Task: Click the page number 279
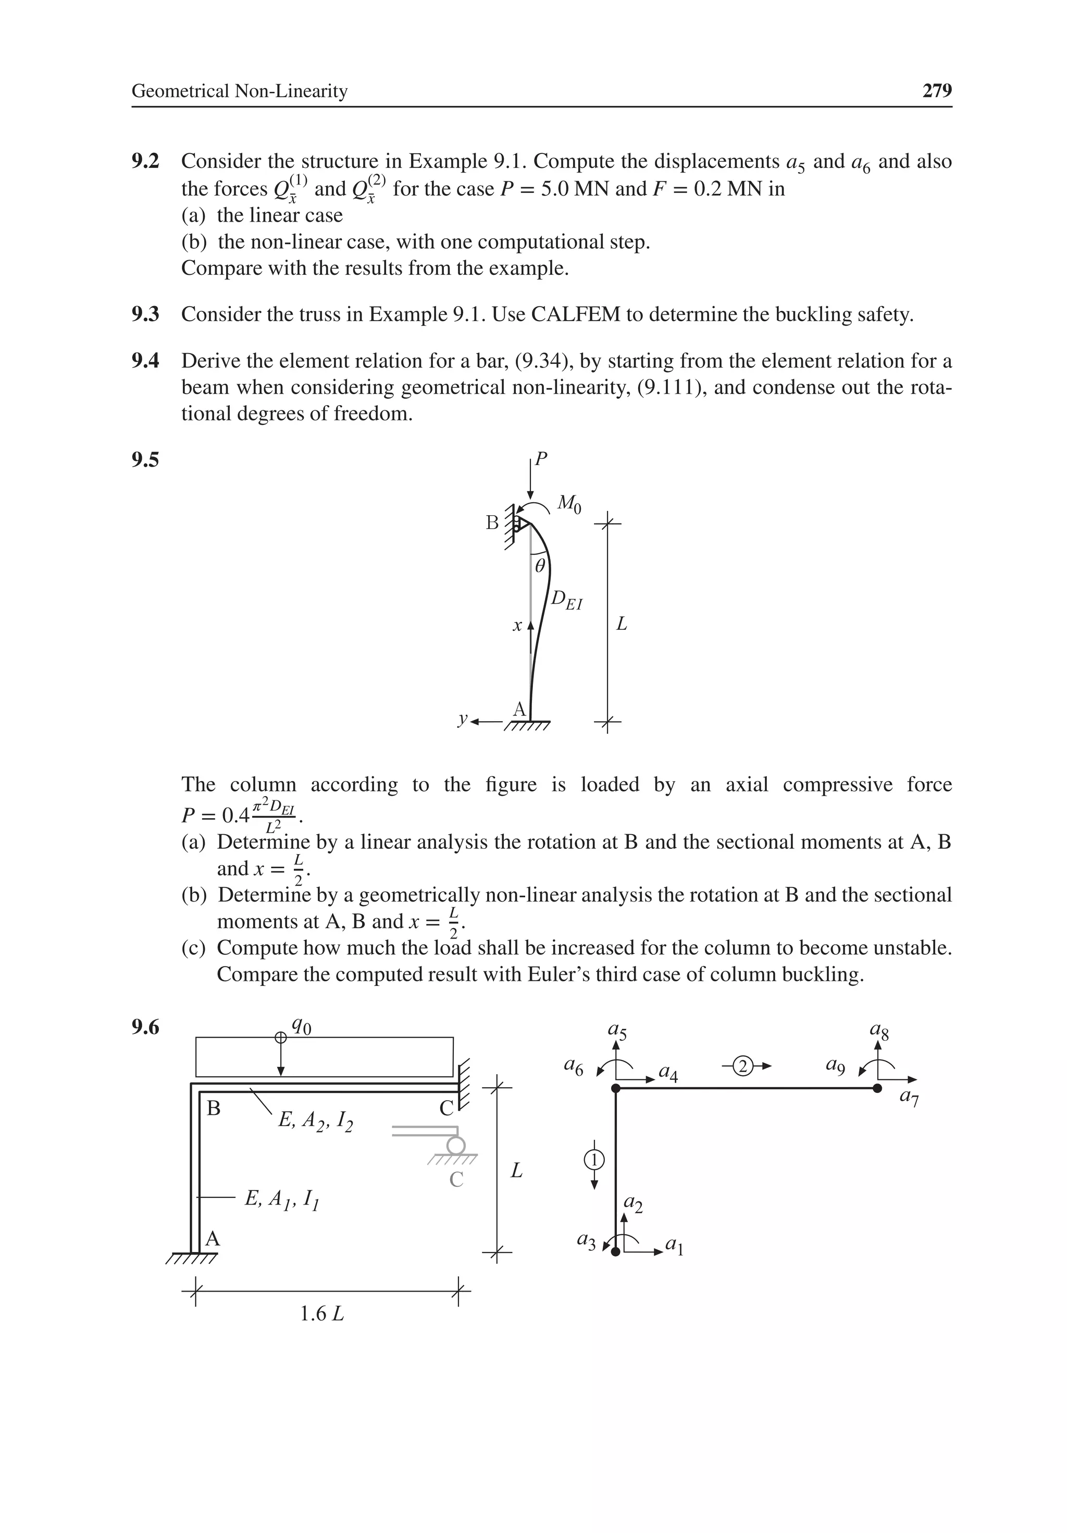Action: point(936,91)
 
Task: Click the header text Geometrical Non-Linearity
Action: point(240,91)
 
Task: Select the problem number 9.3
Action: point(145,314)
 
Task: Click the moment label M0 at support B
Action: point(568,503)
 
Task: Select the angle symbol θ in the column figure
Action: point(540,566)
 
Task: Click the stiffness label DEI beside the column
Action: point(566,600)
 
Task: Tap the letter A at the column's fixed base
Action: point(518,709)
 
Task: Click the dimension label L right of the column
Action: point(621,624)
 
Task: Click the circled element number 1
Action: point(594,1160)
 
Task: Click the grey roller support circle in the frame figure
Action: point(456,1146)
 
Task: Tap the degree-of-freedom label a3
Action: point(587,1240)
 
